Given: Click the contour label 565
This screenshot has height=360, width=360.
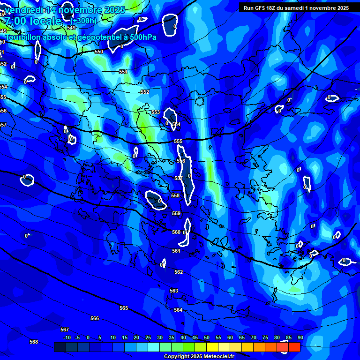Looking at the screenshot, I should tap(124, 308).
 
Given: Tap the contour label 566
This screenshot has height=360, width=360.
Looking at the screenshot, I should tap(95, 319).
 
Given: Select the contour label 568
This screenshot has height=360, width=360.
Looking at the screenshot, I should tap(34, 342).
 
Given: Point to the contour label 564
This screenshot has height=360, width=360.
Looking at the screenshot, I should tap(178, 310).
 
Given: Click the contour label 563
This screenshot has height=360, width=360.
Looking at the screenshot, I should tap(174, 291).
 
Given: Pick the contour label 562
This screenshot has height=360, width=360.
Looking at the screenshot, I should tap(179, 272).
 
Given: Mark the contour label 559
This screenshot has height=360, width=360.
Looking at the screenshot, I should tap(176, 214).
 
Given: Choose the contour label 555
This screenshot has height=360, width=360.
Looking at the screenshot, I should tap(178, 142).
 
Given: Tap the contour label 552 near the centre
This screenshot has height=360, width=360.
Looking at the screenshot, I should tap(145, 92).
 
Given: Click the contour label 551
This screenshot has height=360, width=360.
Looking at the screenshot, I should tap(123, 72).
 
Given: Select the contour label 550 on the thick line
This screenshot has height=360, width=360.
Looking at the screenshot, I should tap(99, 52).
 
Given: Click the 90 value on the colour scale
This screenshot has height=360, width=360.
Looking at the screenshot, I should tap(300, 338).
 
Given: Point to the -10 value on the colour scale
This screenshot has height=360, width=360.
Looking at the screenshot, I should tap(67, 338).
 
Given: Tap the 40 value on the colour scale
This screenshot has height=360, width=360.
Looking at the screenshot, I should tap(183, 338).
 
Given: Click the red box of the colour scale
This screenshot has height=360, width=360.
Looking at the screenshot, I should tap(294, 347).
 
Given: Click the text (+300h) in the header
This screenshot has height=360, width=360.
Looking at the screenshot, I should tap(84, 21).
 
